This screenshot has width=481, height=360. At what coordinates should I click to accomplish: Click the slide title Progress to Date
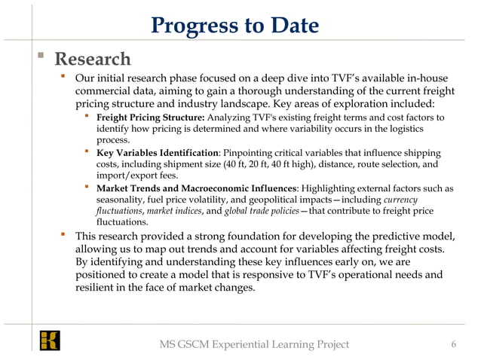[234, 26]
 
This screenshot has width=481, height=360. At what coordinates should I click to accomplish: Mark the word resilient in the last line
[97, 289]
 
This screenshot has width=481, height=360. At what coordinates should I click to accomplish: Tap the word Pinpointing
[250, 153]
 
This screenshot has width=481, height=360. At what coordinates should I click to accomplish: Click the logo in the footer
[50, 340]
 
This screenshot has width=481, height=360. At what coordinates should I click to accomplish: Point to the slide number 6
[452, 344]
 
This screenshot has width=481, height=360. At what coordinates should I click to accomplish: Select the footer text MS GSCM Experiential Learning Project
[254, 344]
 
